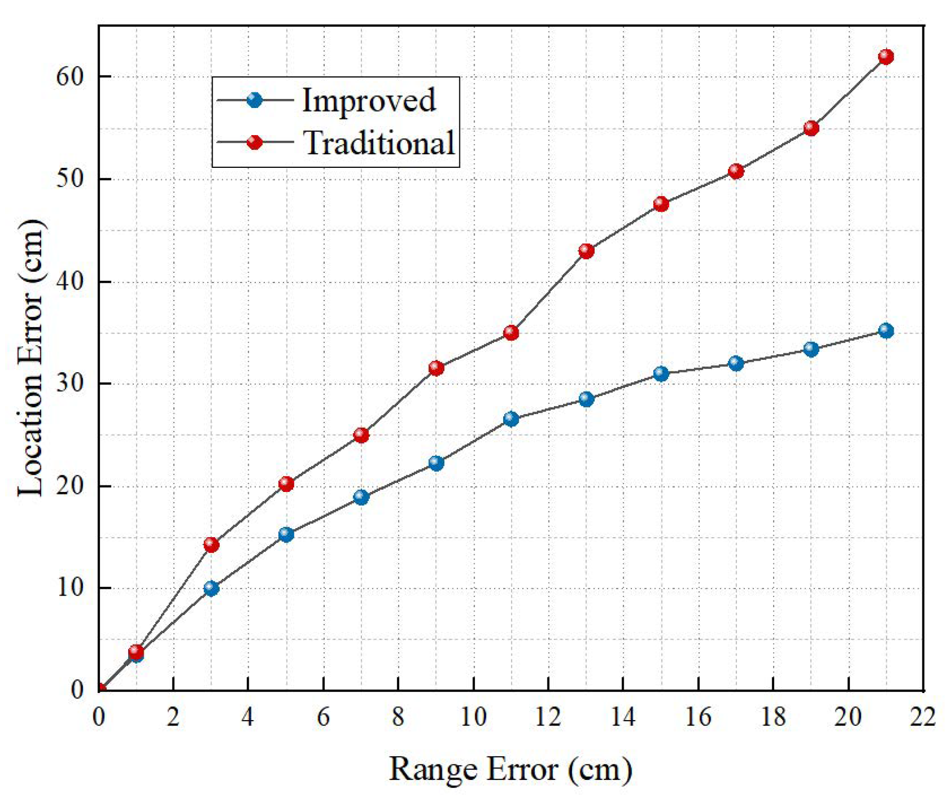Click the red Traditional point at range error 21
pos(886,56)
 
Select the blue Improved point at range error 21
pos(886,331)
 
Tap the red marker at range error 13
pos(586,251)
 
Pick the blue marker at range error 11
pos(511,419)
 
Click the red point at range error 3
pos(211,544)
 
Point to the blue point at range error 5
pos(286,534)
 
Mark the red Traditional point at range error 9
pos(436,368)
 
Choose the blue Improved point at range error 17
pos(736,363)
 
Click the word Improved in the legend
pos(368,100)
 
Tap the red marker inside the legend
pos(255,142)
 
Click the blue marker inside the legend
pos(255,99)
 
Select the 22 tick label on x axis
pos(923,717)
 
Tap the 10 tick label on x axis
pos(473,717)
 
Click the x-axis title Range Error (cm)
pos(510,769)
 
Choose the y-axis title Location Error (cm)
pos(31,358)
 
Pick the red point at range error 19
pos(811,128)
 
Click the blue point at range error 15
pos(661,373)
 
